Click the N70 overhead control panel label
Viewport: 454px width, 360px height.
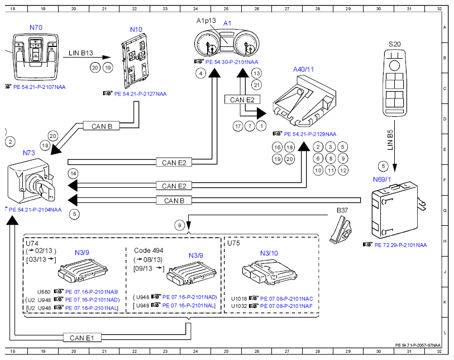pos(36,27)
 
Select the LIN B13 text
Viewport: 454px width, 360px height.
pos(81,53)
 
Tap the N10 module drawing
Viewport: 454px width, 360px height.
pos(135,60)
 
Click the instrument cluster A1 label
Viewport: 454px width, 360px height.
pos(227,23)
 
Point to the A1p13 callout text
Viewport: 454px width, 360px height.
pos(206,21)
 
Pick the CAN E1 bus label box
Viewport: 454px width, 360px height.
pos(82,338)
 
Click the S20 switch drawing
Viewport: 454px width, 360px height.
pos(394,83)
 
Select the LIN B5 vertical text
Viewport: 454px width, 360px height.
pos(390,140)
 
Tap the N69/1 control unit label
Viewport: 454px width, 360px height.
pos(382,179)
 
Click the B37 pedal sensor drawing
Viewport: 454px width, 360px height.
pos(340,230)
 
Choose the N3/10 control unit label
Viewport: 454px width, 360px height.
pos(269,253)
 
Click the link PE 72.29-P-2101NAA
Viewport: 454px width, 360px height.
pos(401,245)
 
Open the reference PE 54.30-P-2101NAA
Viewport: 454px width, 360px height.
pos(232,62)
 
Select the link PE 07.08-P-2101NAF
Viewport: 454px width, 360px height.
pos(286,306)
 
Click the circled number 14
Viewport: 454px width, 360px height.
pos(73,174)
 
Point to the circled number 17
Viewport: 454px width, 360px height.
pos(238,126)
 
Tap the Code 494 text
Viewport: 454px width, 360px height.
pos(149,250)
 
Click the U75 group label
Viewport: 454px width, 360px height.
pos(233,243)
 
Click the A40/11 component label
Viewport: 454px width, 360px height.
pos(303,69)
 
